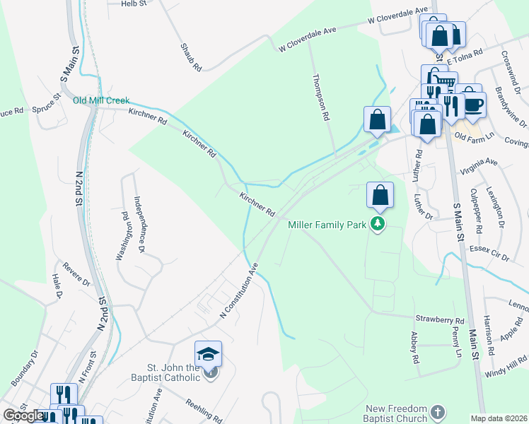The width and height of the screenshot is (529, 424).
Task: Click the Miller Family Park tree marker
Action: pyautogui.click(x=378, y=225)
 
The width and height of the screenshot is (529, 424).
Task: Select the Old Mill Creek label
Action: pyautogui.click(x=101, y=100)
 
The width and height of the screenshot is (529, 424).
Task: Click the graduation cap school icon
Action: pyautogui.click(x=208, y=353)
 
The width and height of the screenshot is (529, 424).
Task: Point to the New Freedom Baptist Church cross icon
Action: pyautogui.click(x=438, y=411)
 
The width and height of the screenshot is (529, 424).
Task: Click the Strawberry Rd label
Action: pyautogui.click(x=439, y=319)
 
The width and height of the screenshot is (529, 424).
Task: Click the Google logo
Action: pyautogui.click(x=23, y=416)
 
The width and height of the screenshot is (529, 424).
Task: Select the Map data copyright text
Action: pyautogui.click(x=499, y=418)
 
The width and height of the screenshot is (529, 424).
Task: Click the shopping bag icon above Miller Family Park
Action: pyautogui.click(x=380, y=196)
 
